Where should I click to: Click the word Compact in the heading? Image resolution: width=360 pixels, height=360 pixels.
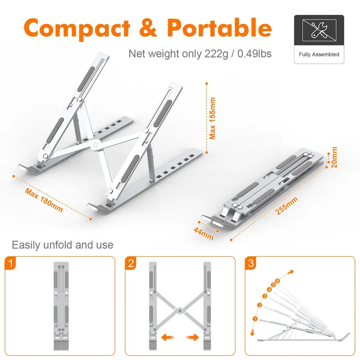[77, 28]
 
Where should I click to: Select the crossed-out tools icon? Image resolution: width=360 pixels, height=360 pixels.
[319, 30]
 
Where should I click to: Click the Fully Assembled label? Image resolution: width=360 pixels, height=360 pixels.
[319, 54]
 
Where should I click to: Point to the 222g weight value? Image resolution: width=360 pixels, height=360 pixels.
[216, 54]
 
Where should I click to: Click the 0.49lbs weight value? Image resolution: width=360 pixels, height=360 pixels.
[254, 54]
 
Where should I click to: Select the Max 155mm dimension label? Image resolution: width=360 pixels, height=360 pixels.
[212, 118]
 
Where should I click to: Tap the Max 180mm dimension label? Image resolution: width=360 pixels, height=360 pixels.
[44, 200]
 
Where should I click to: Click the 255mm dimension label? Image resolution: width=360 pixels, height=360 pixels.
[287, 205]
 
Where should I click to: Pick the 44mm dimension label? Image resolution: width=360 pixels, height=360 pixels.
[204, 233]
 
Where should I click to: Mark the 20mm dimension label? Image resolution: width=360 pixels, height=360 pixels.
[335, 157]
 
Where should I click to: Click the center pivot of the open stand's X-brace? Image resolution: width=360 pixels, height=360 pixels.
[95, 145]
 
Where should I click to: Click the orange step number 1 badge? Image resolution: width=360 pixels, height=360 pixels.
[10, 263]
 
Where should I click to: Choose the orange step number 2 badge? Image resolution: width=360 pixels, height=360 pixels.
[130, 263]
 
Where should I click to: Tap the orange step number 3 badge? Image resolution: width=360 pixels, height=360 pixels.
[250, 263]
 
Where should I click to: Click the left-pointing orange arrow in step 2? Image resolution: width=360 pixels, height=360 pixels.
[168, 337]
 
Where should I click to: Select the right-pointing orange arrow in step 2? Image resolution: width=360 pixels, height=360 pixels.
[192, 337]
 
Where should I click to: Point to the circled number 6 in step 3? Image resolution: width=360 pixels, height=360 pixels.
[278, 281]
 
